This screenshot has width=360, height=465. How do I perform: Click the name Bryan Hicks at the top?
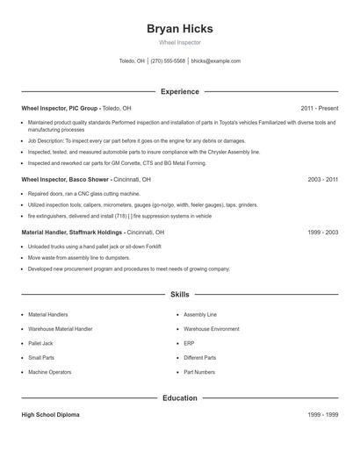click(x=180, y=29)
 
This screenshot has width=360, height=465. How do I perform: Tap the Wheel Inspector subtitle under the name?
click(x=180, y=42)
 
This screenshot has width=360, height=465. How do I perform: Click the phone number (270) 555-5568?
click(x=168, y=61)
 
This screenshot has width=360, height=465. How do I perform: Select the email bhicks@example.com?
click(x=215, y=61)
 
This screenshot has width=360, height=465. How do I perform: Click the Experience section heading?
click(x=180, y=91)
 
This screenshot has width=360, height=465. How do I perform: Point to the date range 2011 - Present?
click(x=319, y=108)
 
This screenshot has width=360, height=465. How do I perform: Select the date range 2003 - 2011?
click(x=322, y=179)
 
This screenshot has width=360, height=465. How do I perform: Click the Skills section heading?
click(x=180, y=295)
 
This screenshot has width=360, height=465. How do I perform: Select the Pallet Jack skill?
click(x=40, y=343)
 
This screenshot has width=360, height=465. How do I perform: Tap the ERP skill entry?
click(x=189, y=343)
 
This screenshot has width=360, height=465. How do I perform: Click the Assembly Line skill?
click(x=199, y=314)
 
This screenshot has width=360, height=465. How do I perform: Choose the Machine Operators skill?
click(x=49, y=372)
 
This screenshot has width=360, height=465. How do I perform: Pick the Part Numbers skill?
click(x=198, y=372)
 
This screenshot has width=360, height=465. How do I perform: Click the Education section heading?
click(x=180, y=397)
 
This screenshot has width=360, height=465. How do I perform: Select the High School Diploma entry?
click(x=50, y=414)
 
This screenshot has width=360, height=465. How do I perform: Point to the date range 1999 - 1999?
click(x=322, y=414)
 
